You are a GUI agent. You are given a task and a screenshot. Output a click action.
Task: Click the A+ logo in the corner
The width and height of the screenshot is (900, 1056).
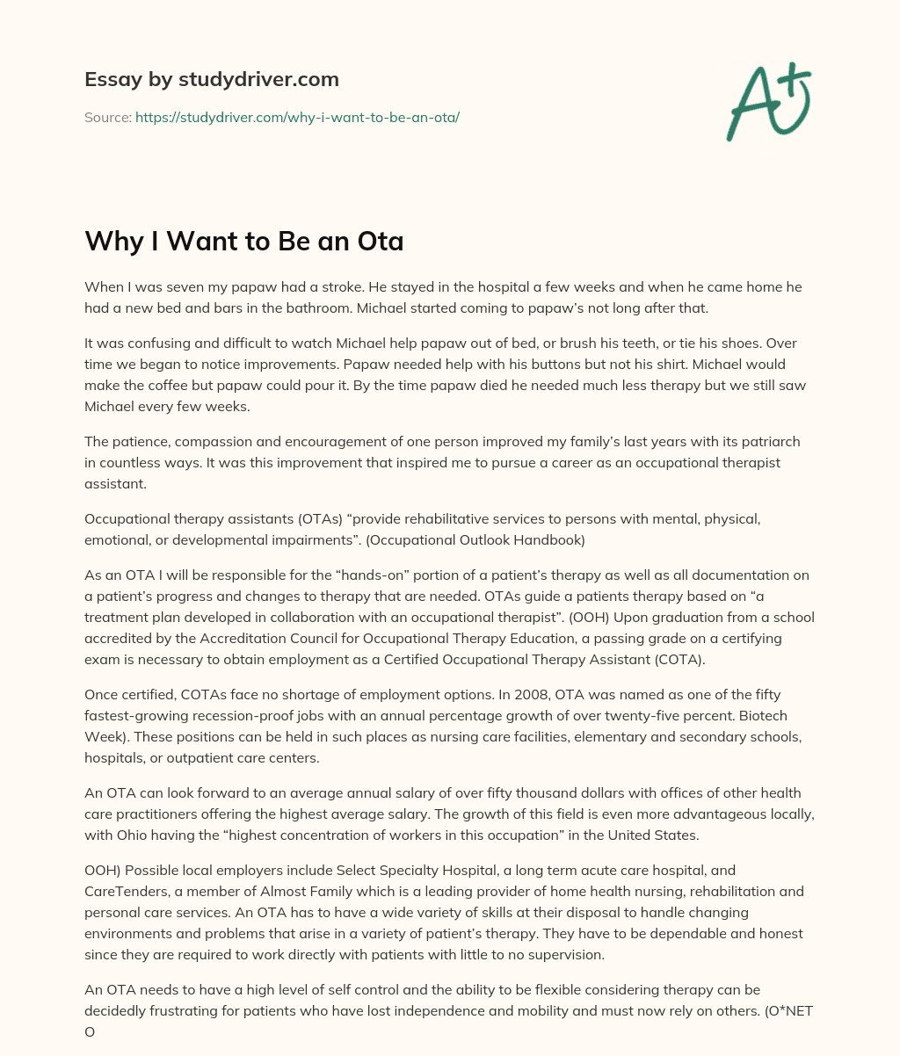(767, 100)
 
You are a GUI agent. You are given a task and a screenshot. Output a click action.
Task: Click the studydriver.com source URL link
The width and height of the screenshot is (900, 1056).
(297, 117)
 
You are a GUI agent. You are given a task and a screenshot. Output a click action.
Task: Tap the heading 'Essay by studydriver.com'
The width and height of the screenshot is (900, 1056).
(211, 79)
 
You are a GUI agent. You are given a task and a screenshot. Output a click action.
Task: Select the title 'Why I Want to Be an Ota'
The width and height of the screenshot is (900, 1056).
(243, 241)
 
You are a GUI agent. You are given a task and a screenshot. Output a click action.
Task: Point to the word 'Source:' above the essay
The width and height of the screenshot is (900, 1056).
(107, 117)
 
